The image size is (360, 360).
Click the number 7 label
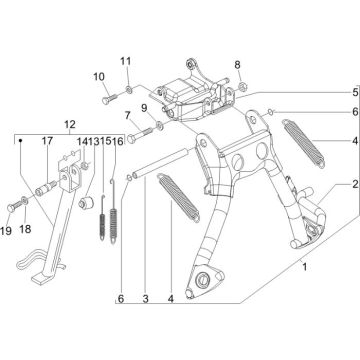click(128, 116)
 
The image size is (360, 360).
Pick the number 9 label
click(145, 107)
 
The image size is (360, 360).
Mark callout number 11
click(125, 63)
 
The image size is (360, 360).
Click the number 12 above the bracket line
click(69, 125)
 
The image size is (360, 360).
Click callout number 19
click(9, 231)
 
